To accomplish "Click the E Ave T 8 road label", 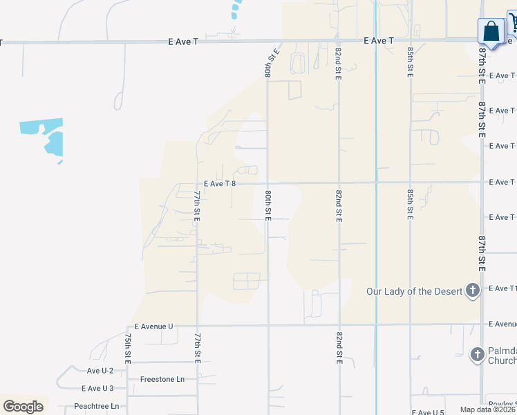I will [220, 183].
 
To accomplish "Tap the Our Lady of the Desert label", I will [413, 291].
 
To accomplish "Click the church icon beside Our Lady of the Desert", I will [473, 290].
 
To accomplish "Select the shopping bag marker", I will [491, 31].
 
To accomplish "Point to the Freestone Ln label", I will [162, 379].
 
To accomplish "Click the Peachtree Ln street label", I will [96, 406].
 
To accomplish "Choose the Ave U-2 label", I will [100, 371].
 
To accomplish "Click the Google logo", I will [23, 406].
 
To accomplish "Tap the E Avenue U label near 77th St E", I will [153, 326].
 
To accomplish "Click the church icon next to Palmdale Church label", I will [476, 355].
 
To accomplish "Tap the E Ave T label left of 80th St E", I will [183, 41].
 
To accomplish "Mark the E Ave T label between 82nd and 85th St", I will [379, 41].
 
